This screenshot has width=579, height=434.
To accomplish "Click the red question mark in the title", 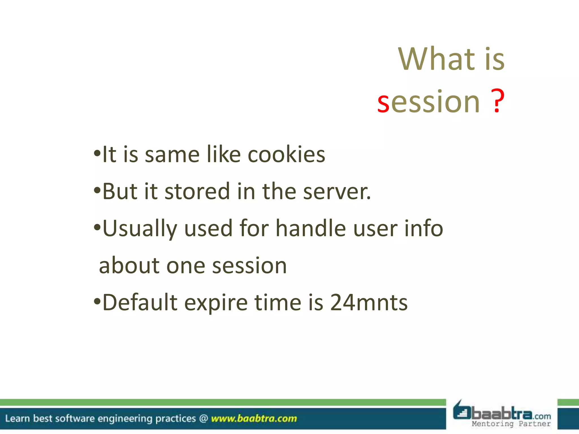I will coord(497,101).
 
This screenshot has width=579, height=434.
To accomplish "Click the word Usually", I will coord(140,229).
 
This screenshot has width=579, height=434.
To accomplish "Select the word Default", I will coord(140,303).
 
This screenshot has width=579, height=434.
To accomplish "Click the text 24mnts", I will coord(369,303).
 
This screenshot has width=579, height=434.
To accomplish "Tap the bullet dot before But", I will coord(97,191).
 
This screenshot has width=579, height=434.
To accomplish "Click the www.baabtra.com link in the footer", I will coord(254,418).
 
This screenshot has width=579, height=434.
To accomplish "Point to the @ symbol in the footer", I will coord(203,418).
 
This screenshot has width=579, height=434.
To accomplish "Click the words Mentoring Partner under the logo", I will coord(511,424).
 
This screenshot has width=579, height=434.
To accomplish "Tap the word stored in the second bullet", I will coord(197,192).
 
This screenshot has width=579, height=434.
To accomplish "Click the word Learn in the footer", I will coord(17,418).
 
